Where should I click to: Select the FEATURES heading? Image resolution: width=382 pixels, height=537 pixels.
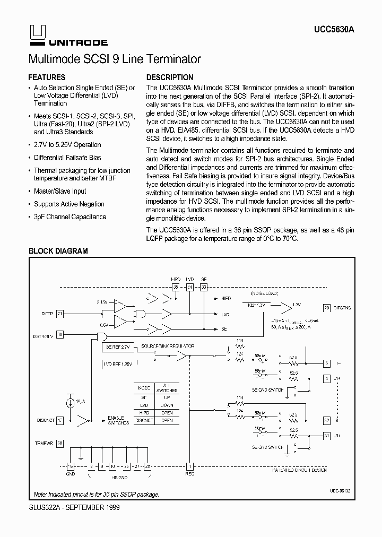47,77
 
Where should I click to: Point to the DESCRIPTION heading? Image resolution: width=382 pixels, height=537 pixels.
170,77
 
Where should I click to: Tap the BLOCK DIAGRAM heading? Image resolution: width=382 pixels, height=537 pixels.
58,251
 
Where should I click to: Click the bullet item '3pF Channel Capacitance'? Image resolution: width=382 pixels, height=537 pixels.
70,217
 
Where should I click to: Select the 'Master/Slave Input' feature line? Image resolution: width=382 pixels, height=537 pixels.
60,192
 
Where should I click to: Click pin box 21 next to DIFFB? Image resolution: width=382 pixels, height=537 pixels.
60,314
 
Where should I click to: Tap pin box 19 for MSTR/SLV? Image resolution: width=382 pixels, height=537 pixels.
60,335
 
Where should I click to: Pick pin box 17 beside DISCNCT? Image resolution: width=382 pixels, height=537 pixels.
60,420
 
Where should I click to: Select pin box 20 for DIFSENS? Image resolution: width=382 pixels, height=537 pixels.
327,308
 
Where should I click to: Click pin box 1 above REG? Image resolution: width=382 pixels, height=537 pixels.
191,465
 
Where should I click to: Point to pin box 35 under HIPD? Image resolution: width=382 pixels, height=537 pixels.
176,287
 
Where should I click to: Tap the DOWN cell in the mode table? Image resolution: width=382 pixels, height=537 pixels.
167,405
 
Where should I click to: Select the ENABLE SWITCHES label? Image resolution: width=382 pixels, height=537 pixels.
118,421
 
